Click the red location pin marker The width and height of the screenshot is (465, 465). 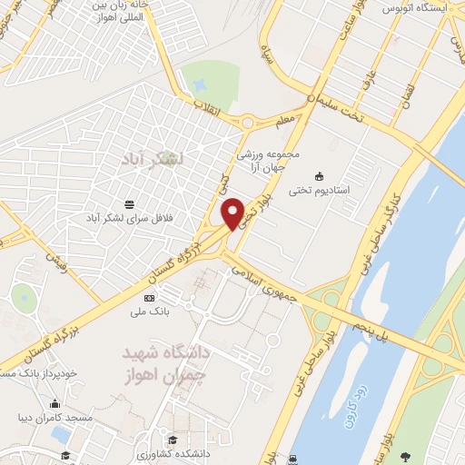pyautogui.click(x=233, y=213)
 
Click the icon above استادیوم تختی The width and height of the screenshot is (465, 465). pyautogui.click(x=319, y=176)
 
